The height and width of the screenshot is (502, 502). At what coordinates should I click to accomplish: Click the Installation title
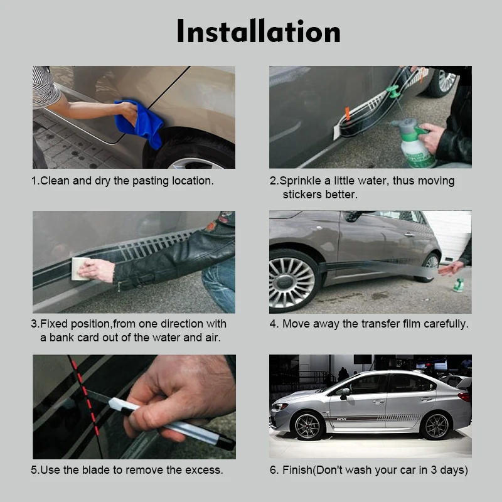point(258,31)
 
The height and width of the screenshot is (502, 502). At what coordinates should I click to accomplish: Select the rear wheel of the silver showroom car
point(436,425)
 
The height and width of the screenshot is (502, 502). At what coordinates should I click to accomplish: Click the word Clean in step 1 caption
point(55,181)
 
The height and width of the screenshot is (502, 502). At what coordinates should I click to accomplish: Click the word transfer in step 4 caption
point(380,324)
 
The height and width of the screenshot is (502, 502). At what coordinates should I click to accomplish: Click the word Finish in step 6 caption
point(297,469)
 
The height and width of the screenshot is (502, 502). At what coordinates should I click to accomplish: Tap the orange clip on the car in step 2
point(347,114)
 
